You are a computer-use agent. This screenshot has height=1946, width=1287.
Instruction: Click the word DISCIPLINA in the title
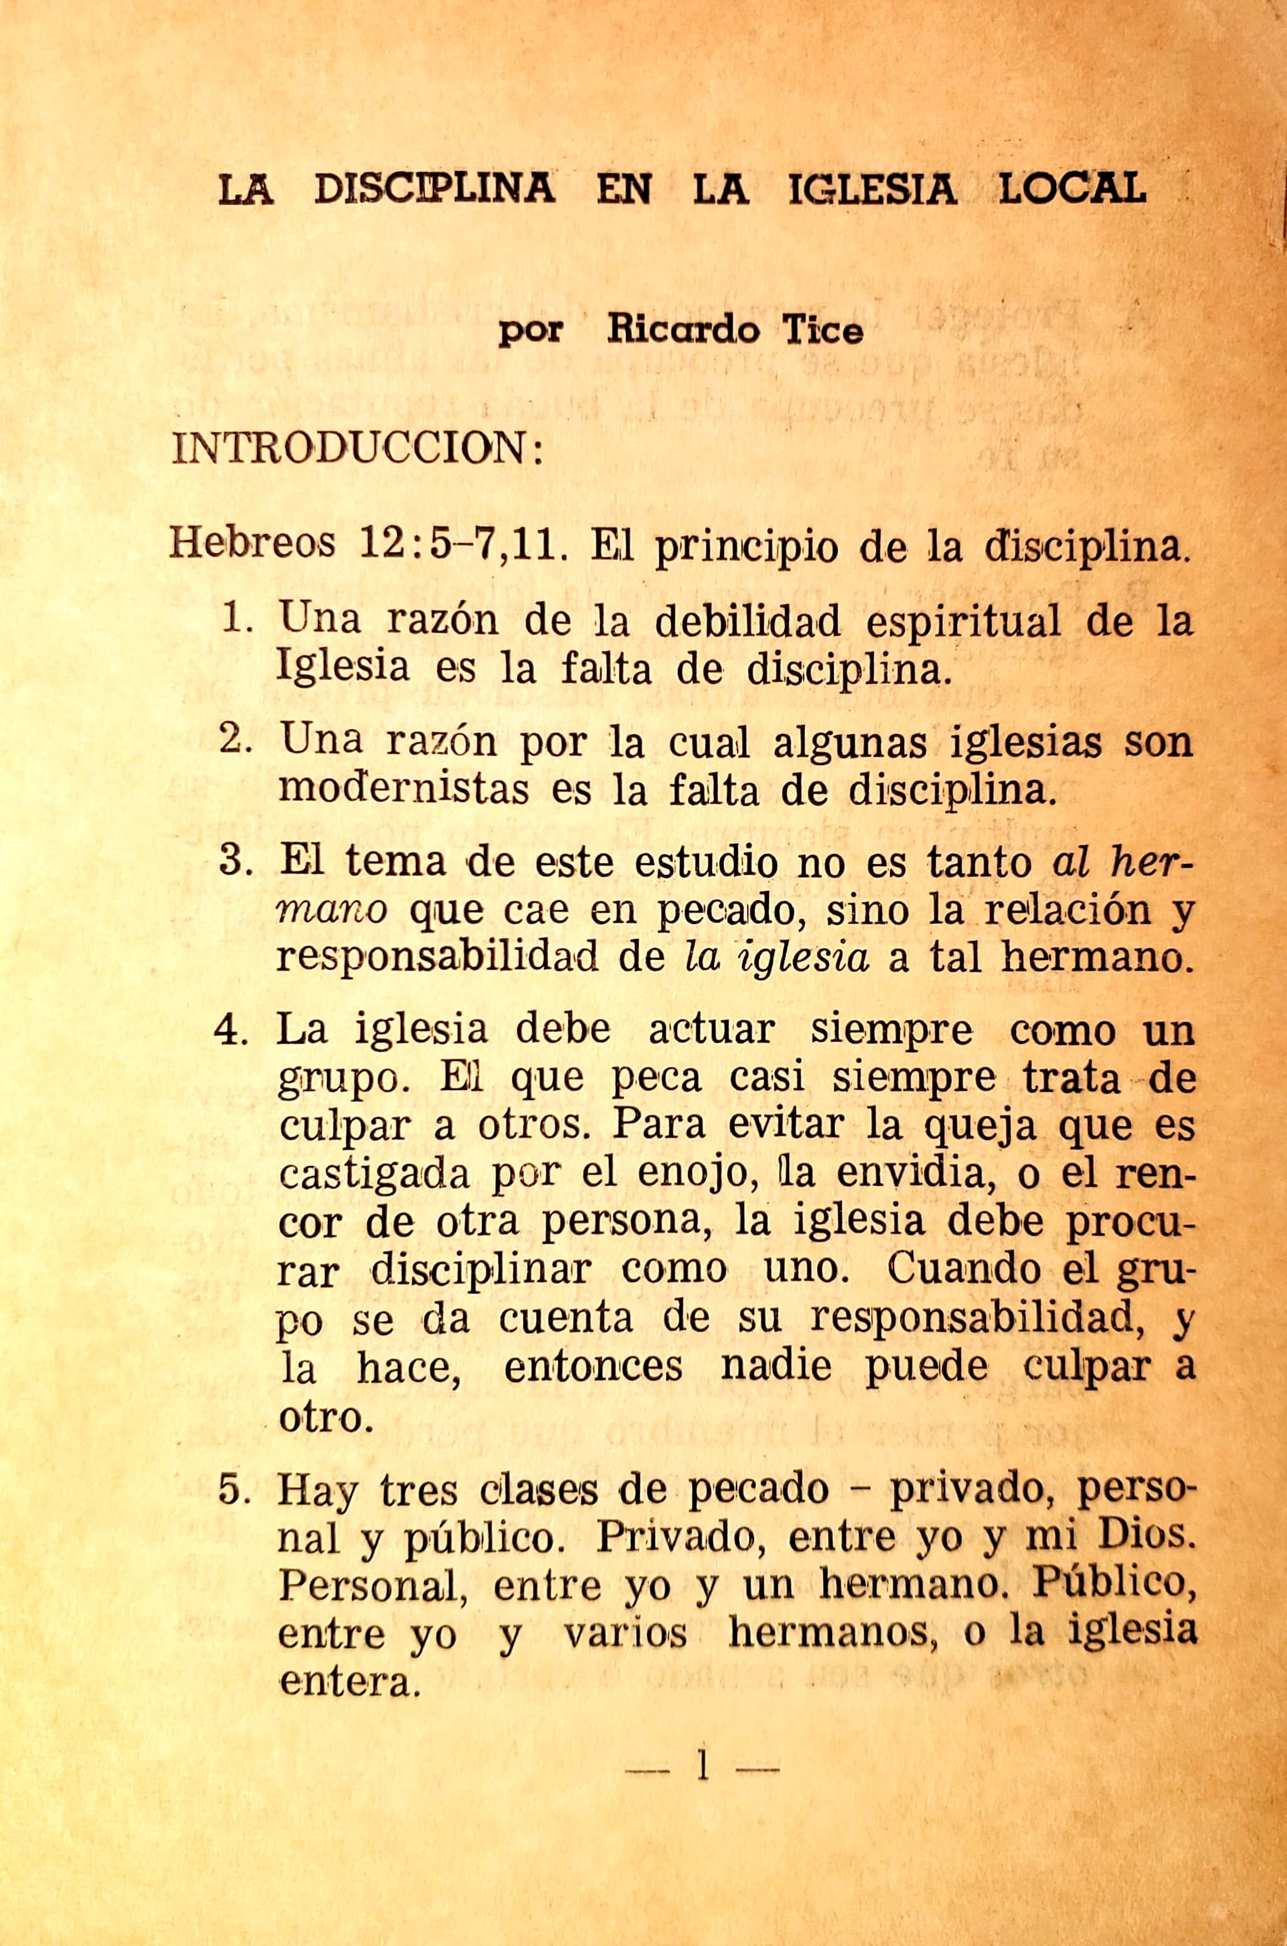[434, 190]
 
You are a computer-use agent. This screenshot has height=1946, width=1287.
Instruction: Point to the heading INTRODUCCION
[357, 450]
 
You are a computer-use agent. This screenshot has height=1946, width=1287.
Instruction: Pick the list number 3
[237, 861]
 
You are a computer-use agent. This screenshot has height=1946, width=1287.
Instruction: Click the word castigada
[375, 1175]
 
